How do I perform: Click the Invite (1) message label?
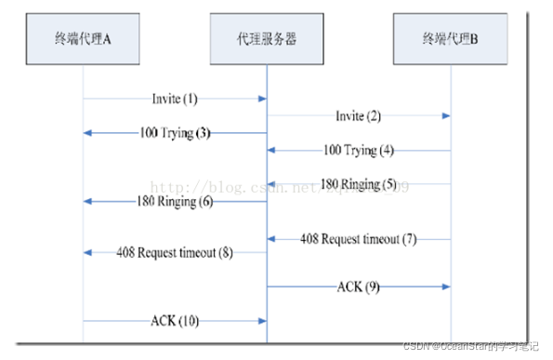[x=176, y=98]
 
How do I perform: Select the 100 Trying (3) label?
[x=176, y=133]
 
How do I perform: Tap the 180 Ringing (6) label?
[x=176, y=201]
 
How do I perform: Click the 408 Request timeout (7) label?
[x=359, y=238]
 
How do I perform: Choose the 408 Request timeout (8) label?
[x=175, y=252]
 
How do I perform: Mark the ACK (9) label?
[x=357, y=287]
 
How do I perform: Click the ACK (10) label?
[x=175, y=321]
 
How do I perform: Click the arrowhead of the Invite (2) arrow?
[x=446, y=115]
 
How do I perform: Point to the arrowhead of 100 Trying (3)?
[x=88, y=133]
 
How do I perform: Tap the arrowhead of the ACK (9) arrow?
[x=446, y=287]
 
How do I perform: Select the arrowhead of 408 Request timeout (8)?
[x=88, y=252]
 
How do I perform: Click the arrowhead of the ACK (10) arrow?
[x=262, y=321]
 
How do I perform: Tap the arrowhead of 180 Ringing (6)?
[x=88, y=201]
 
